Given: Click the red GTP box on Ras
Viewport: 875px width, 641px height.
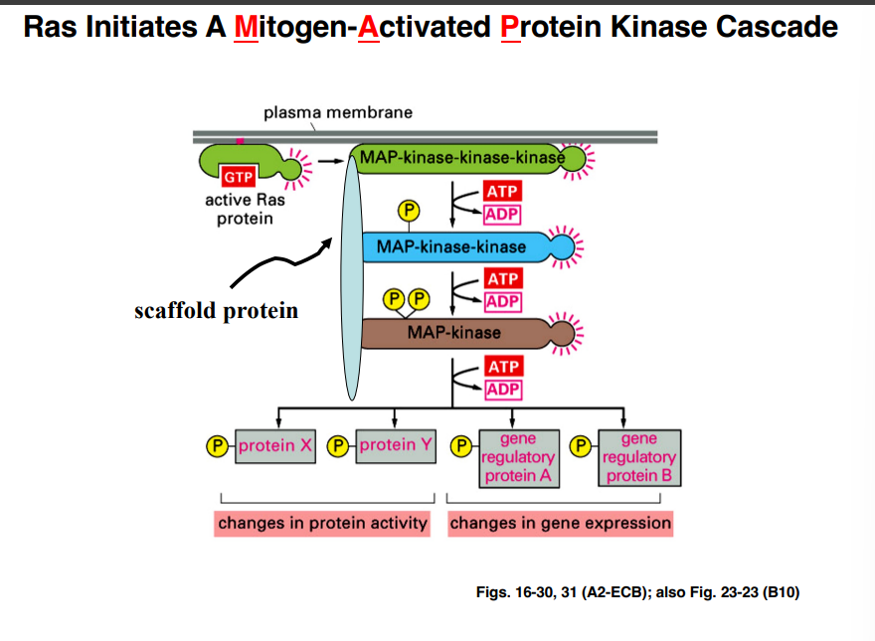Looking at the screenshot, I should pyautogui.click(x=239, y=177).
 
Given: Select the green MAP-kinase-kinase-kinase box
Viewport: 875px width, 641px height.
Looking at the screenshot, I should pyautogui.click(x=457, y=158).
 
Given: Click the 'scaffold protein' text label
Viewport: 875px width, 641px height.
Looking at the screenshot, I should pyautogui.click(x=217, y=311).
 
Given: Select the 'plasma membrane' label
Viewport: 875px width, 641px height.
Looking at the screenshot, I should pyautogui.click(x=337, y=112).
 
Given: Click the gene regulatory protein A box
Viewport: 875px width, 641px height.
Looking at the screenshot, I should pyautogui.click(x=517, y=457).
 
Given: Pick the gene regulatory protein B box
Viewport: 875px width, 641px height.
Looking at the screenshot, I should pyautogui.click(x=638, y=457).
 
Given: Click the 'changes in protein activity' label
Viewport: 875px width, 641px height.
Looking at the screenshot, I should pyautogui.click(x=322, y=523).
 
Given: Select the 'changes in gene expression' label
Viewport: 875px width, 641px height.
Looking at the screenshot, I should pyautogui.click(x=561, y=523).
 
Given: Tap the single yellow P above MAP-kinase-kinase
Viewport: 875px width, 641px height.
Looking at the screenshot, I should pyautogui.click(x=408, y=210).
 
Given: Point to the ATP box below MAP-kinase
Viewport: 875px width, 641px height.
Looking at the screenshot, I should pyautogui.click(x=502, y=367).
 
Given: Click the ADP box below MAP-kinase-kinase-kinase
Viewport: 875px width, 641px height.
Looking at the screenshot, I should pyautogui.click(x=502, y=215).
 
